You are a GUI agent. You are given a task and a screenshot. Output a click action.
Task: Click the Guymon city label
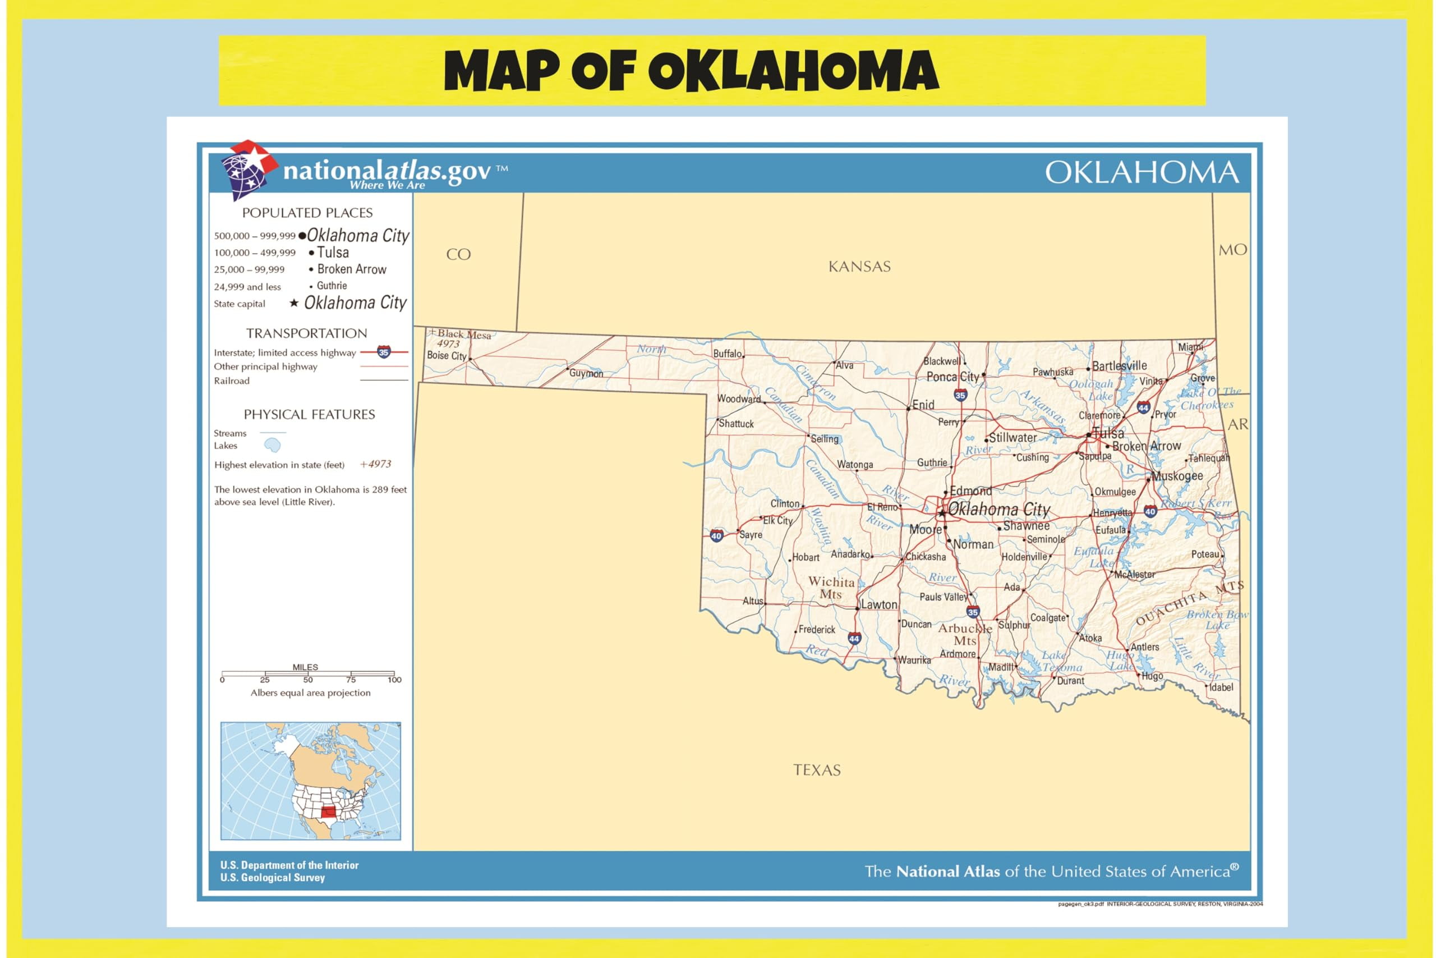pyautogui.click(x=586, y=373)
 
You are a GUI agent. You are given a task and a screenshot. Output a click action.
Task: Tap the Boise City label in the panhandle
pyautogui.click(x=447, y=356)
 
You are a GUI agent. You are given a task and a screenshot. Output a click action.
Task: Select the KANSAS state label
pyautogui.click(x=859, y=267)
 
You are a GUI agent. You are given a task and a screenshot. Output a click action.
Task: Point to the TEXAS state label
pyautogui.click(x=816, y=770)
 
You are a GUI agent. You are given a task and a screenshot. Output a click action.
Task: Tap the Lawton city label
pyautogui.click(x=878, y=604)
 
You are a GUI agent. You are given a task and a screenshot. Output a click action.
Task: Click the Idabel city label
pyautogui.click(x=1221, y=687)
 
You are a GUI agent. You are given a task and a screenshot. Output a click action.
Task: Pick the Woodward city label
pyautogui.click(x=739, y=398)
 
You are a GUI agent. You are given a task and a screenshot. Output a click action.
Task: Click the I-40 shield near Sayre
pyautogui.click(x=716, y=536)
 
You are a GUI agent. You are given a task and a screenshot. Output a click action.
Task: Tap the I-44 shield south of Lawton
pyautogui.click(x=854, y=639)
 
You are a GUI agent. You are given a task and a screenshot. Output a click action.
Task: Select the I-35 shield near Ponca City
pyautogui.click(x=960, y=395)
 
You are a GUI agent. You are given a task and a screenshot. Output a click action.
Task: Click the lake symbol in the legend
pyautogui.click(x=271, y=445)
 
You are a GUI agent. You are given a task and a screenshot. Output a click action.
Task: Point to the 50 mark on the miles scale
pyautogui.click(x=308, y=680)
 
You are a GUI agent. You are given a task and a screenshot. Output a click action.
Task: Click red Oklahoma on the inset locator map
pyautogui.click(x=329, y=812)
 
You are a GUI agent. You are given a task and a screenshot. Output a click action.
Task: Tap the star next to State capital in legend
pyautogui.click(x=294, y=303)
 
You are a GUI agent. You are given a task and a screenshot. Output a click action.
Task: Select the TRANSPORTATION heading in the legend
pyautogui.click(x=306, y=333)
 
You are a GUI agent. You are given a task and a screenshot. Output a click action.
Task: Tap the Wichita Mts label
pyautogui.click(x=831, y=588)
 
